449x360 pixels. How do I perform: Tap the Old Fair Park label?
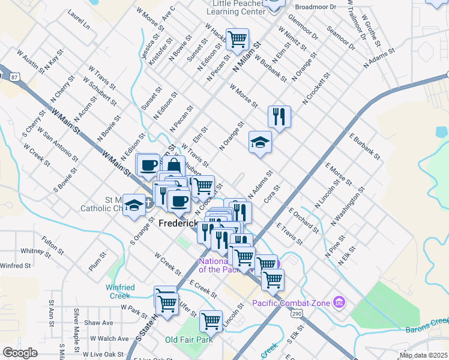pos(189,340)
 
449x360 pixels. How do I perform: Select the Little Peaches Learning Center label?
pos(238,7)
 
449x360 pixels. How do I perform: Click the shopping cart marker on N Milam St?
pos(237,40)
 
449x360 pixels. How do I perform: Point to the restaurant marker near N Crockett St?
pos(279,116)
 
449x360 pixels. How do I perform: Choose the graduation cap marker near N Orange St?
pos(260,142)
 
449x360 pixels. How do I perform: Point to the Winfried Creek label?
pos(120,292)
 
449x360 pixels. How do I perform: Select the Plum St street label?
pos(97,262)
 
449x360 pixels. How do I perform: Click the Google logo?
pos(20,352)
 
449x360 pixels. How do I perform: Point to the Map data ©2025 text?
pos(423,355)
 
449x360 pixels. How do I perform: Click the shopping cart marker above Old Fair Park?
pos(211,321)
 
